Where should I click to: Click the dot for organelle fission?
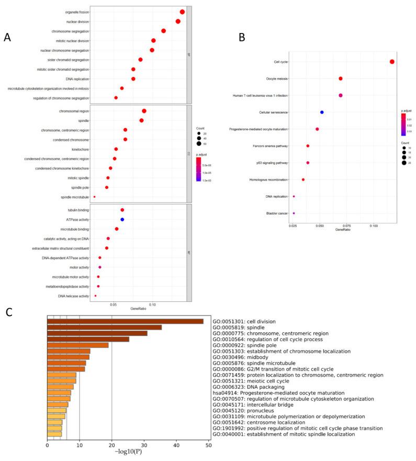pos(182,12)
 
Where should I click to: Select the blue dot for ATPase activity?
pos(122,219)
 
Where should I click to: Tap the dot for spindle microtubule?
pos(94,197)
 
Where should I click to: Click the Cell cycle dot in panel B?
pos(392,62)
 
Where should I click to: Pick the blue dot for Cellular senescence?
pos(322,113)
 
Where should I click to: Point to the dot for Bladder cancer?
pos(294,213)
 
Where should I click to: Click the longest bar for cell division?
pos(125,321)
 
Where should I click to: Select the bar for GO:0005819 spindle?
pos(104,328)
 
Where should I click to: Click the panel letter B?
pos(242,38)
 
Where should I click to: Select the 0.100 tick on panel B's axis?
pos(374,226)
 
